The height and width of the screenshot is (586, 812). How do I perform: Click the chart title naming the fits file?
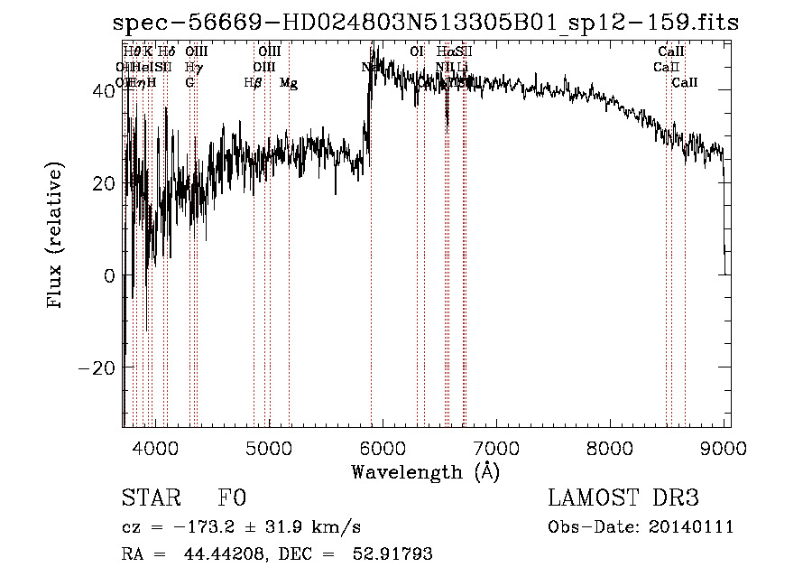pos(429,23)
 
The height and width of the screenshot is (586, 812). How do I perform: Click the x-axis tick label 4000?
pos(156,447)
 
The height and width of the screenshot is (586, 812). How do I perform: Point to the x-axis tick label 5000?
pos(270,447)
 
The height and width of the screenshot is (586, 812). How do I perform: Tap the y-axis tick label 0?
pos(110,275)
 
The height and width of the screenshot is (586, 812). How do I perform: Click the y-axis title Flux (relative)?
pos(56,236)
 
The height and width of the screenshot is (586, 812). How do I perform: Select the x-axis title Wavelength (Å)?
pos(425,471)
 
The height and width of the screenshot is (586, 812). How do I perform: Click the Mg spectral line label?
pos(289,83)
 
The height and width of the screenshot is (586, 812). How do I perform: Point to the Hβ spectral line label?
pos(254,83)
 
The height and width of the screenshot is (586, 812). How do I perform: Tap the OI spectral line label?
pos(417,52)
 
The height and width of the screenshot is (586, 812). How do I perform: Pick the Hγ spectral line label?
pos(193,68)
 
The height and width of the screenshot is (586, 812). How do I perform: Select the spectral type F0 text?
pos(232,498)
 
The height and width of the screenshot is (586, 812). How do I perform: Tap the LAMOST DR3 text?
pos(623,498)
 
